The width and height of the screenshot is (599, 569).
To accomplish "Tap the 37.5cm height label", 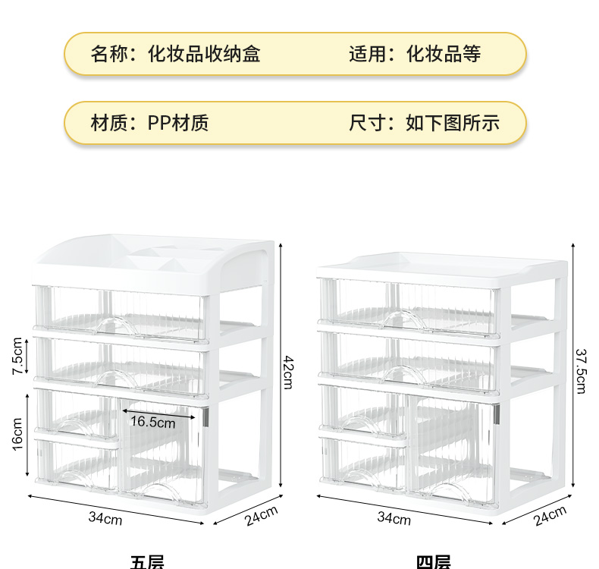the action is click(x=580, y=371).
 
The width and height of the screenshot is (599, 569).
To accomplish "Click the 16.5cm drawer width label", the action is click(x=152, y=422).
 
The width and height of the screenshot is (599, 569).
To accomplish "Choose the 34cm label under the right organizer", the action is click(x=394, y=519).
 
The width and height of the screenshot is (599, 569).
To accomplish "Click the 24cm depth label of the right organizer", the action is click(x=549, y=516).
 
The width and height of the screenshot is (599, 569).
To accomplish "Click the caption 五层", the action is click(x=147, y=562).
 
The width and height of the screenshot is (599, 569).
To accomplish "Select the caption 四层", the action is click(x=433, y=562).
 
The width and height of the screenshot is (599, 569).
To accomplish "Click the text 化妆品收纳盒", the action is click(x=204, y=54).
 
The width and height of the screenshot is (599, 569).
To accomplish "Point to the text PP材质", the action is click(x=178, y=123).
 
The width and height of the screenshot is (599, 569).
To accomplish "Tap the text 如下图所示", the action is click(x=453, y=123).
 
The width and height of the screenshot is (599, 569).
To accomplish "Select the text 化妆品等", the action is click(x=444, y=54).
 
